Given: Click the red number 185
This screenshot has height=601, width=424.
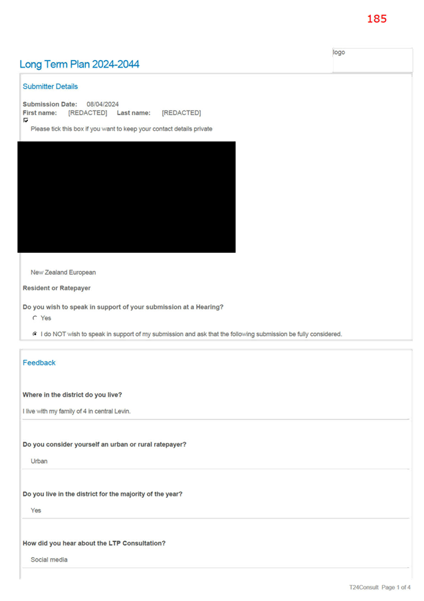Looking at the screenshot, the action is click(x=377, y=19).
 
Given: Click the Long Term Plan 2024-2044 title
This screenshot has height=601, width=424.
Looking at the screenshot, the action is click(x=79, y=64).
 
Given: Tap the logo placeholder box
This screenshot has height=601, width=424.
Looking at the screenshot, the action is click(x=372, y=60).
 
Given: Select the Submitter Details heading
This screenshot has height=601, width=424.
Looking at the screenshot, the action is click(x=50, y=87).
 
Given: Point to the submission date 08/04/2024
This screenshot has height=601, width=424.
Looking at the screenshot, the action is click(x=102, y=104).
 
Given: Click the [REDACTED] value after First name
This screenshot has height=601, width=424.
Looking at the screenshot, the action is click(x=88, y=112).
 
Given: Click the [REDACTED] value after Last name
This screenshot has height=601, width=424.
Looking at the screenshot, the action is click(x=181, y=112).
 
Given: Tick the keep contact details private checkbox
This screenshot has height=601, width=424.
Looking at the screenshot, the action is click(x=26, y=120).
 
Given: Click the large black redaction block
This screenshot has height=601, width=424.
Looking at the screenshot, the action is click(x=126, y=197).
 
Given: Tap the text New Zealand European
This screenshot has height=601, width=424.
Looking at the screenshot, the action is click(x=63, y=272).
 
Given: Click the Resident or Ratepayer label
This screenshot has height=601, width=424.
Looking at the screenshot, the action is click(x=56, y=288).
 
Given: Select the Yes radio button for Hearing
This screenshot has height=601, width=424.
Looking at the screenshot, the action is click(x=35, y=317).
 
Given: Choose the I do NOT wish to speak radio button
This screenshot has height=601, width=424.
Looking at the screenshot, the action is click(x=35, y=334).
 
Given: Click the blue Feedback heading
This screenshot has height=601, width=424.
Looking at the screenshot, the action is click(x=39, y=363).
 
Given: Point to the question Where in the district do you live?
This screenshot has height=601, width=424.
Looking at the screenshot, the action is click(x=72, y=395).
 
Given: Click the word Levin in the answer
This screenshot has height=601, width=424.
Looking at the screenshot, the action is click(x=122, y=411).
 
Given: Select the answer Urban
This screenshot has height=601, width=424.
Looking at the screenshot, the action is click(x=39, y=461).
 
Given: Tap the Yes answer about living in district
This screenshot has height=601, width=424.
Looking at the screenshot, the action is click(x=36, y=510).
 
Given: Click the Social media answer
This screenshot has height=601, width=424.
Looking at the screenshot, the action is click(x=49, y=560).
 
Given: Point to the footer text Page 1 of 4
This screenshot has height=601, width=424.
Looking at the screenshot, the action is click(x=396, y=587).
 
